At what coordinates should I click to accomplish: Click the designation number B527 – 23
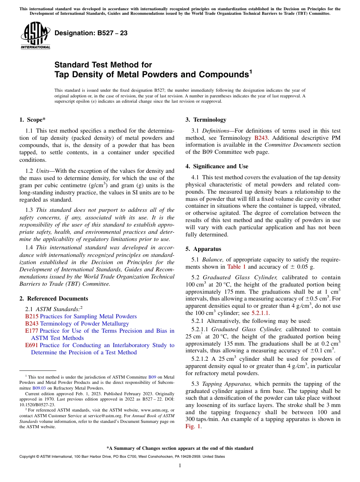(91, 33)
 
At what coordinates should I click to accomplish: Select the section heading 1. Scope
(32, 120)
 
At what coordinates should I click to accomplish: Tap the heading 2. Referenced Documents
(53, 299)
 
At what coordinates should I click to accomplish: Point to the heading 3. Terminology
(206, 120)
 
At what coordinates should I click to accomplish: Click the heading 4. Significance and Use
(217, 166)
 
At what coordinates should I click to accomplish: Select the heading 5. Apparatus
(203, 249)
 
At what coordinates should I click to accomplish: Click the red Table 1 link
(236, 267)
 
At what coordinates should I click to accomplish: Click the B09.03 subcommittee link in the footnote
(39, 388)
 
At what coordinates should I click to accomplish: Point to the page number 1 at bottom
(180, 466)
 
